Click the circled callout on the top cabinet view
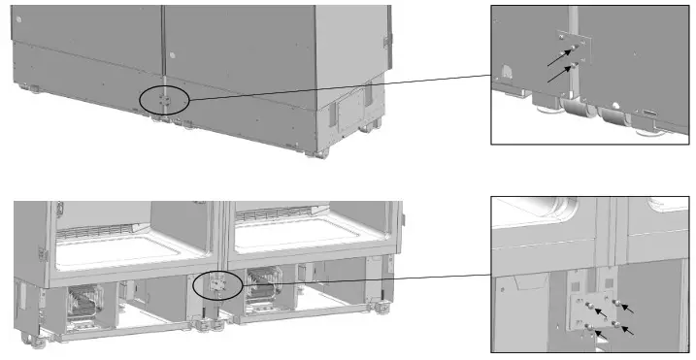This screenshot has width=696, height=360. [x=163, y=98]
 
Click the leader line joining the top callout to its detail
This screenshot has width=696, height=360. [x=340, y=88]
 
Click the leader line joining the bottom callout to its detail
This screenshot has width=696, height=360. [x=359, y=278]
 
